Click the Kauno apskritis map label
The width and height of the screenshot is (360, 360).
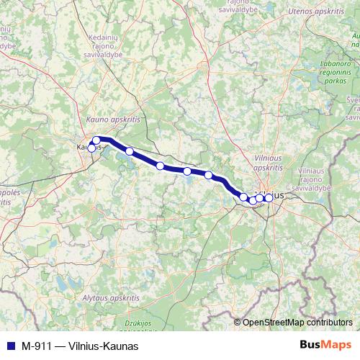113,120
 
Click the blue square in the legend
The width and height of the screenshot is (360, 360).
10,346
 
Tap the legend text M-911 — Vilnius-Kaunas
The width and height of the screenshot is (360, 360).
80,346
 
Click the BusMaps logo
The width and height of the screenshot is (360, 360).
325,345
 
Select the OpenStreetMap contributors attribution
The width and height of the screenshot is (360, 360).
297,323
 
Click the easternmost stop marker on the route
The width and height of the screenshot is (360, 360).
269,197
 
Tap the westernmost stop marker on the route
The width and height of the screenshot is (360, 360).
91,148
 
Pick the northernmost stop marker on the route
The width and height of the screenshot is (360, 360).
96,140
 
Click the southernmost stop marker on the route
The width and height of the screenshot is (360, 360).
252,200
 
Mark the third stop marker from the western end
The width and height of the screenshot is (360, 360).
130,151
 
